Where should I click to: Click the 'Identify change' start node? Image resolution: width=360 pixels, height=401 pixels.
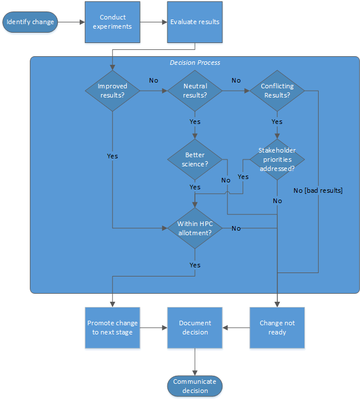pyautogui.click(x=30, y=22)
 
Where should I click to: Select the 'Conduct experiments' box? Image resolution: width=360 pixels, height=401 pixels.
pyautogui.click(x=112, y=22)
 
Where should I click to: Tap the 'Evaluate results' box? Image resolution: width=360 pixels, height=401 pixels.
pyautogui.click(x=195, y=22)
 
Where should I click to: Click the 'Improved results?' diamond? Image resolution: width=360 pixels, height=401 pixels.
pyautogui.click(x=112, y=91)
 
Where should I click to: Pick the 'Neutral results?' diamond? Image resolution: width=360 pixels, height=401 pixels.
pyautogui.click(x=195, y=91)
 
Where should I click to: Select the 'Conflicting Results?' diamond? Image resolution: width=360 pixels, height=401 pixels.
pyautogui.click(x=277, y=91)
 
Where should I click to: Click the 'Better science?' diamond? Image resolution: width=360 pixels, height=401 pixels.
pyautogui.click(x=195, y=159)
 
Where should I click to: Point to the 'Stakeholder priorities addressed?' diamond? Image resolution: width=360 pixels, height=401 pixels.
pyautogui.click(x=277, y=159)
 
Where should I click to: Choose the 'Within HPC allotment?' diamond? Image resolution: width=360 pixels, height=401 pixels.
pyautogui.click(x=195, y=228)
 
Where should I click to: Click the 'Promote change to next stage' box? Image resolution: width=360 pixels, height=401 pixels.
pyautogui.click(x=112, y=328)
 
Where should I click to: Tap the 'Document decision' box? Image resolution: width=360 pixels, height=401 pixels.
pyautogui.click(x=195, y=328)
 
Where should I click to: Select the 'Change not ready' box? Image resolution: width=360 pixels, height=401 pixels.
pyautogui.click(x=277, y=328)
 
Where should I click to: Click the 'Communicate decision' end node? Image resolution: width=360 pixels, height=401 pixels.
pyautogui.click(x=195, y=386)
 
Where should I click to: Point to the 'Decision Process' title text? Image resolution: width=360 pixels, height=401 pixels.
pyautogui.click(x=195, y=63)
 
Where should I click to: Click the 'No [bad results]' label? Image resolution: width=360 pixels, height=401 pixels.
pyautogui.click(x=318, y=190)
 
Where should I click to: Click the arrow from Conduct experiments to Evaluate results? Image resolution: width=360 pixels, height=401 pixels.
pyautogui.click(x=154, y=22)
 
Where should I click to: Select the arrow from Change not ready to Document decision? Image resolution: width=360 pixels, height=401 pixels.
pyautogui.click(x=236, y=328)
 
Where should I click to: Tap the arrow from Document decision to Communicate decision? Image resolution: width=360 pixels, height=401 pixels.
pyautogui.click(x=195, y=362)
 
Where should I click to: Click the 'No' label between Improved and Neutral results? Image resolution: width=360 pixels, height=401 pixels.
pyautogui.click(x=154, y=80)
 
